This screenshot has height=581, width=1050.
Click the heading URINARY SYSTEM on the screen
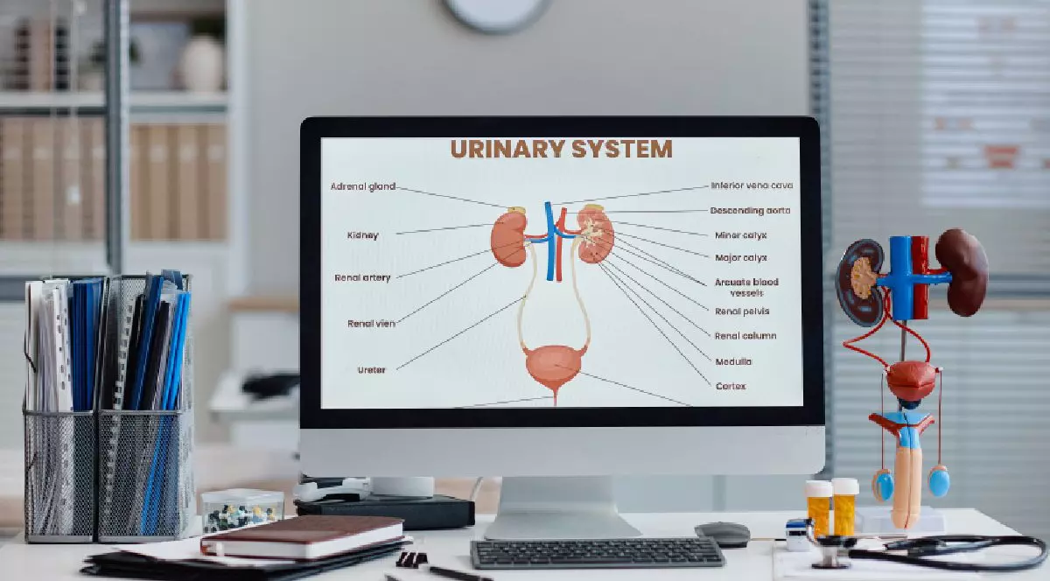pos(561,149)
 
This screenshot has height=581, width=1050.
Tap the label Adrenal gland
pos(363,186)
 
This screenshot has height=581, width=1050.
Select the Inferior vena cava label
pos(752,185)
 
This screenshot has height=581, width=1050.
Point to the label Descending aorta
pos(750,211)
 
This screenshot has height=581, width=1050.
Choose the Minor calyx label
pos(740,235)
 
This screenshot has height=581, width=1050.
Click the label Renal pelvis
pos(742,311)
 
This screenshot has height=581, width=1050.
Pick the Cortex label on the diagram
pos(731,387)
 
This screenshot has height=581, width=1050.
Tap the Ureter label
pos(371,370)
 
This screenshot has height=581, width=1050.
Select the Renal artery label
pos(362,277)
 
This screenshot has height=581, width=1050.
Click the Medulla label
pos(733,361)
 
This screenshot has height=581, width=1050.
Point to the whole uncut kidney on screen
pos(509,239)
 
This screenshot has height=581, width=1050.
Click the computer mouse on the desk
pos(723,534)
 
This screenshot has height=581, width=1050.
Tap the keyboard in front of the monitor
pos(598,553)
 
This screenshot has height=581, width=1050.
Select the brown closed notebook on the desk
pos(303,536)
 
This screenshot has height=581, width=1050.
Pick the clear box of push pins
pos(242,511)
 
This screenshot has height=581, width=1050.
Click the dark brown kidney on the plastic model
pos(962,272)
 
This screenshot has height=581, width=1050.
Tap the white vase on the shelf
pos(202,63)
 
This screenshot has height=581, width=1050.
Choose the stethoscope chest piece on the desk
pos(830,552)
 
